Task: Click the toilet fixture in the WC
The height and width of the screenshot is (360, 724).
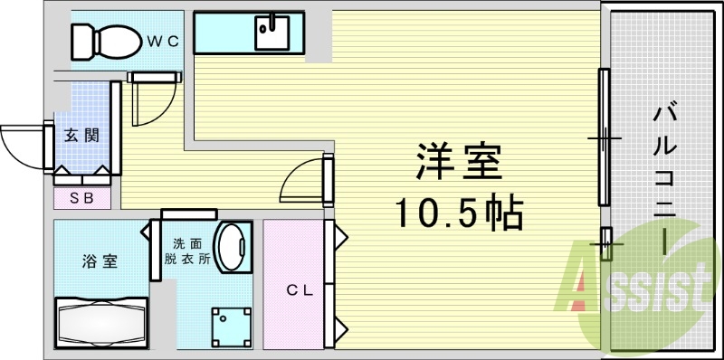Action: pyautogui.click(x=107, y=38)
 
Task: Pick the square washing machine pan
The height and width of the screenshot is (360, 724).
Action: pyautogui.click(x=233, y=326)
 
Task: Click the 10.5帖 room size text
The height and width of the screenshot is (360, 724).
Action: pyautogui.click(x=458, y=214)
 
